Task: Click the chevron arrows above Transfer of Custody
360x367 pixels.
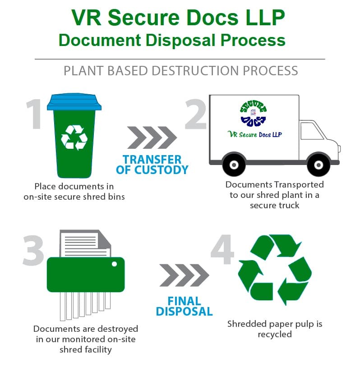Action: pos(152,138)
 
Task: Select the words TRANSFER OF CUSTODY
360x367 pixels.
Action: pos(152,165)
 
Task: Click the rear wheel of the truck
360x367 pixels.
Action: pos(234,165)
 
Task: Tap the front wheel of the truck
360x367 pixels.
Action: pos(318,165)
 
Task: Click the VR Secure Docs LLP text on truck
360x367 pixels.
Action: pos(255,134)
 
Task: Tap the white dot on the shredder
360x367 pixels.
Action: pos(115,264)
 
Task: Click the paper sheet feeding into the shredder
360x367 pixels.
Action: pos(86,243)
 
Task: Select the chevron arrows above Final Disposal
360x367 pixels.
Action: pos(184,275)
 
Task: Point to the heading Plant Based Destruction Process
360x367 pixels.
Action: pos(180,71)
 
